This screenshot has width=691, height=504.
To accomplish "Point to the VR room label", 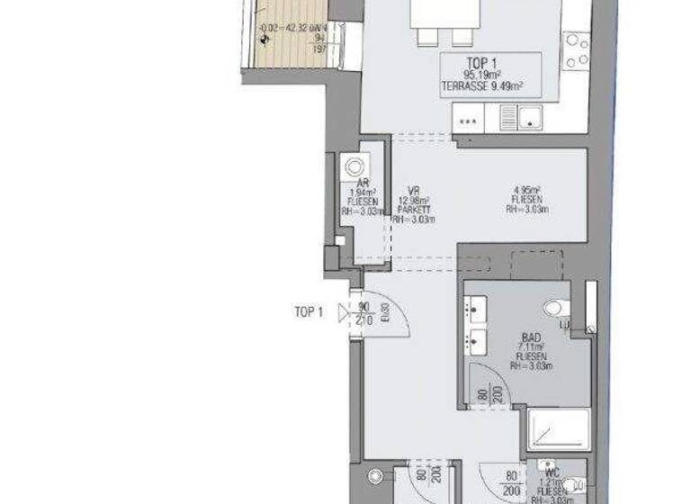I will click(x=413, y=190).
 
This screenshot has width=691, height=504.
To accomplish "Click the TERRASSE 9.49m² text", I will click(x=482, y=87).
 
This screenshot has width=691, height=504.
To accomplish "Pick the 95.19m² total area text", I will click(x=482, y=76).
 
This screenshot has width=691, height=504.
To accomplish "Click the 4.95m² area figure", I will click(x=525, y=189).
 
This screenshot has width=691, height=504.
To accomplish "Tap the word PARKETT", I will click(x=414, y=209).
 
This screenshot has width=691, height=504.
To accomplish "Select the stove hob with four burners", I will click(x=576, y=50).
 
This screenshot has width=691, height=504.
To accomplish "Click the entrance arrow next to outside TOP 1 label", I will click(x=344, y=312).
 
